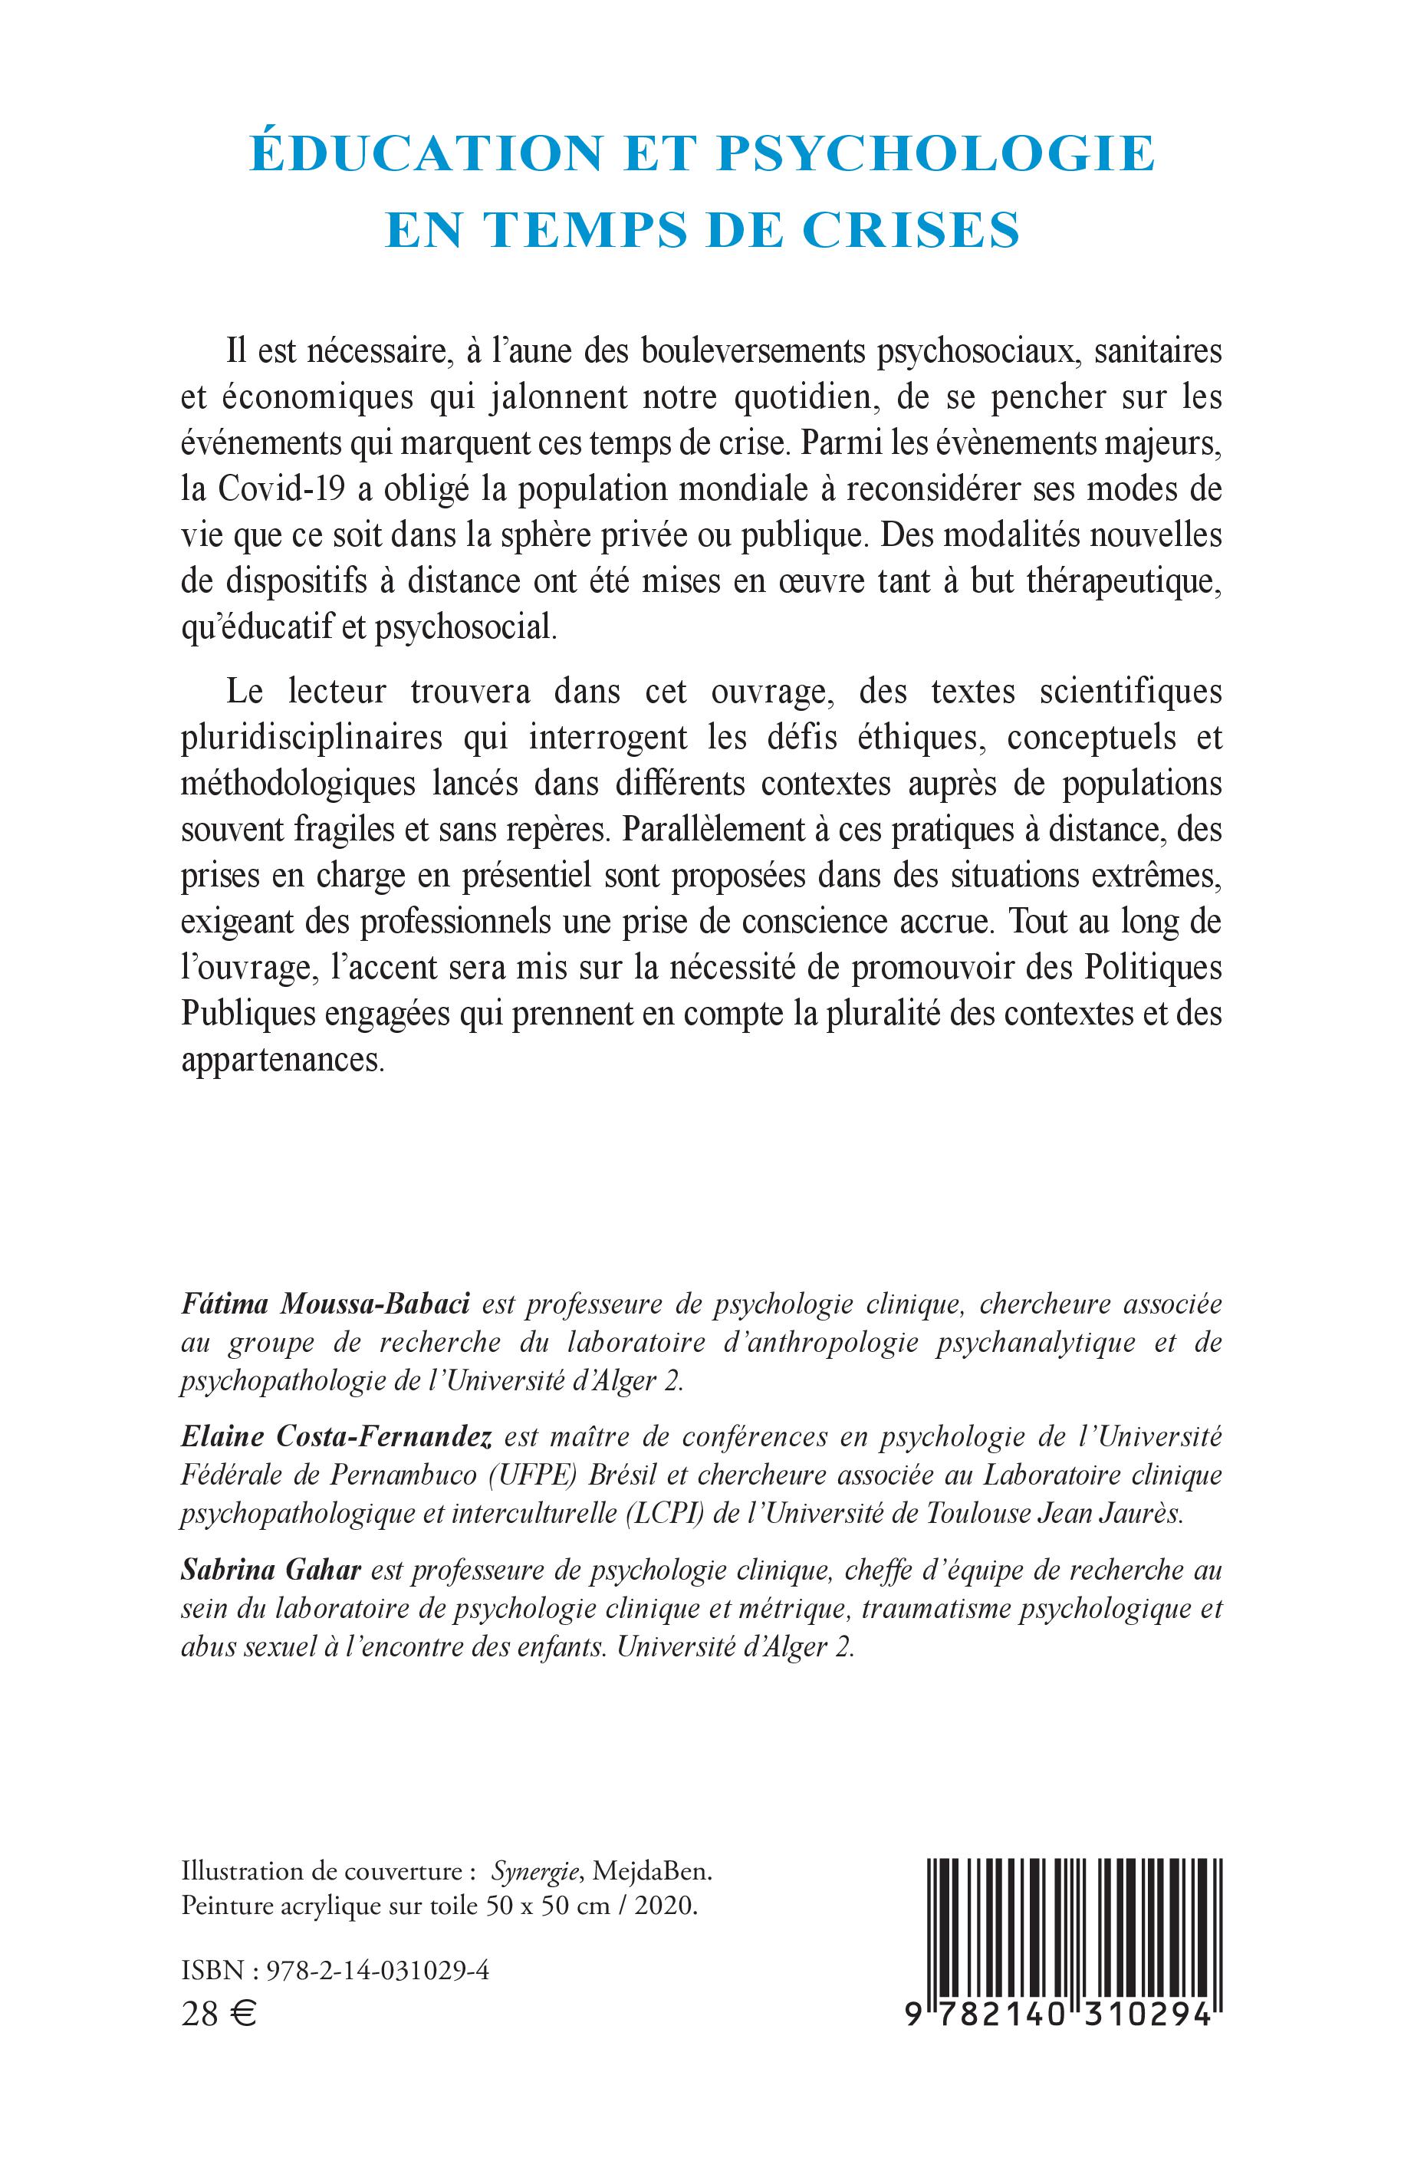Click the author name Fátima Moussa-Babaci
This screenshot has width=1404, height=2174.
coord(325,1304)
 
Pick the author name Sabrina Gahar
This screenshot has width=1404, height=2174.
coord(271,1570)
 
